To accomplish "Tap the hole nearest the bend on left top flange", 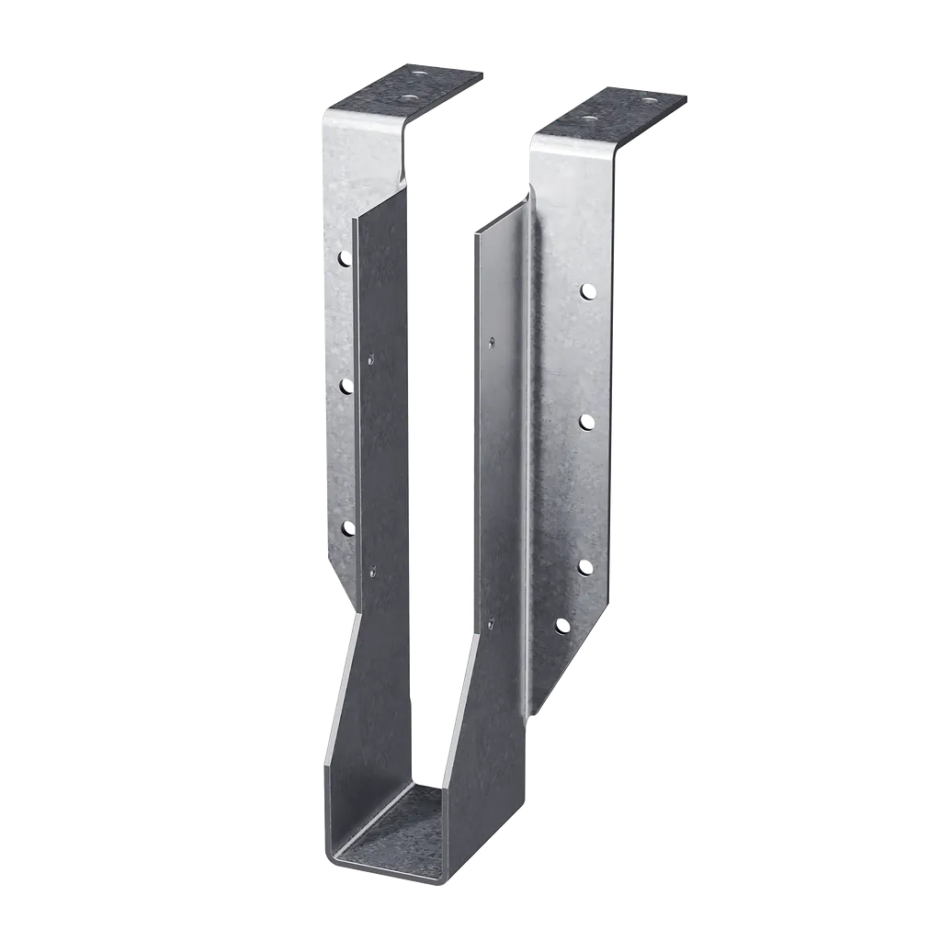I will click(407, 94).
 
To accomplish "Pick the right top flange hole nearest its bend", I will click(589, 119).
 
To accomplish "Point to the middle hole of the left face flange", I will click(346, 387).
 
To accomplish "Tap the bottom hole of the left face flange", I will click(348, 527).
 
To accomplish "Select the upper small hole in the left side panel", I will click(371, 358).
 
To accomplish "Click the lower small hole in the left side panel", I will click(372, 572).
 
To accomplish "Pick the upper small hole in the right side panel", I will click(493, 342).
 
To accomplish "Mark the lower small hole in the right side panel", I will click(491, 623).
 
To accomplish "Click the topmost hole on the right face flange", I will click(585, 291).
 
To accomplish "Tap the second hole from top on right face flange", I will click(585, 422).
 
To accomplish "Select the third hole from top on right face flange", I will click(585, 566).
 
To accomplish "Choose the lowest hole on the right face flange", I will click(562, 627).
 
